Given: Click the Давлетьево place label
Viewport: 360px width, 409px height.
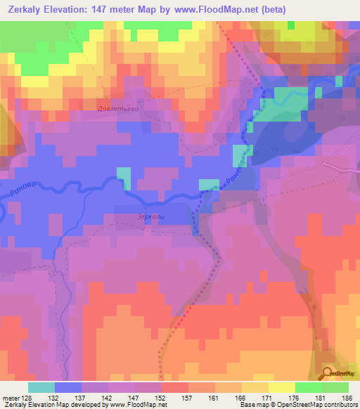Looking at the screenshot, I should (x=117, y=109).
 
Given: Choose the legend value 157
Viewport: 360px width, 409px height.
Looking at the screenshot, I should (x=188, y=397).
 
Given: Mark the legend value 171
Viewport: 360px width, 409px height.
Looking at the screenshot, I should (x=268, y=397).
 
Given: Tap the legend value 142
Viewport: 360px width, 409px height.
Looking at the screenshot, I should (x=108, y=397).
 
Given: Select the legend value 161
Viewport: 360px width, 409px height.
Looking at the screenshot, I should (x=214, y=397).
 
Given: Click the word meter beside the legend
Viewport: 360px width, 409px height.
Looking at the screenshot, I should (x=11, y=397).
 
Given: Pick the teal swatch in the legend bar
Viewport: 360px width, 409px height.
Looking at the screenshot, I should (x=41, y=387).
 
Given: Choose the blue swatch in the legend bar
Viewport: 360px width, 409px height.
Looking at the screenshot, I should (x=68, y=387).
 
